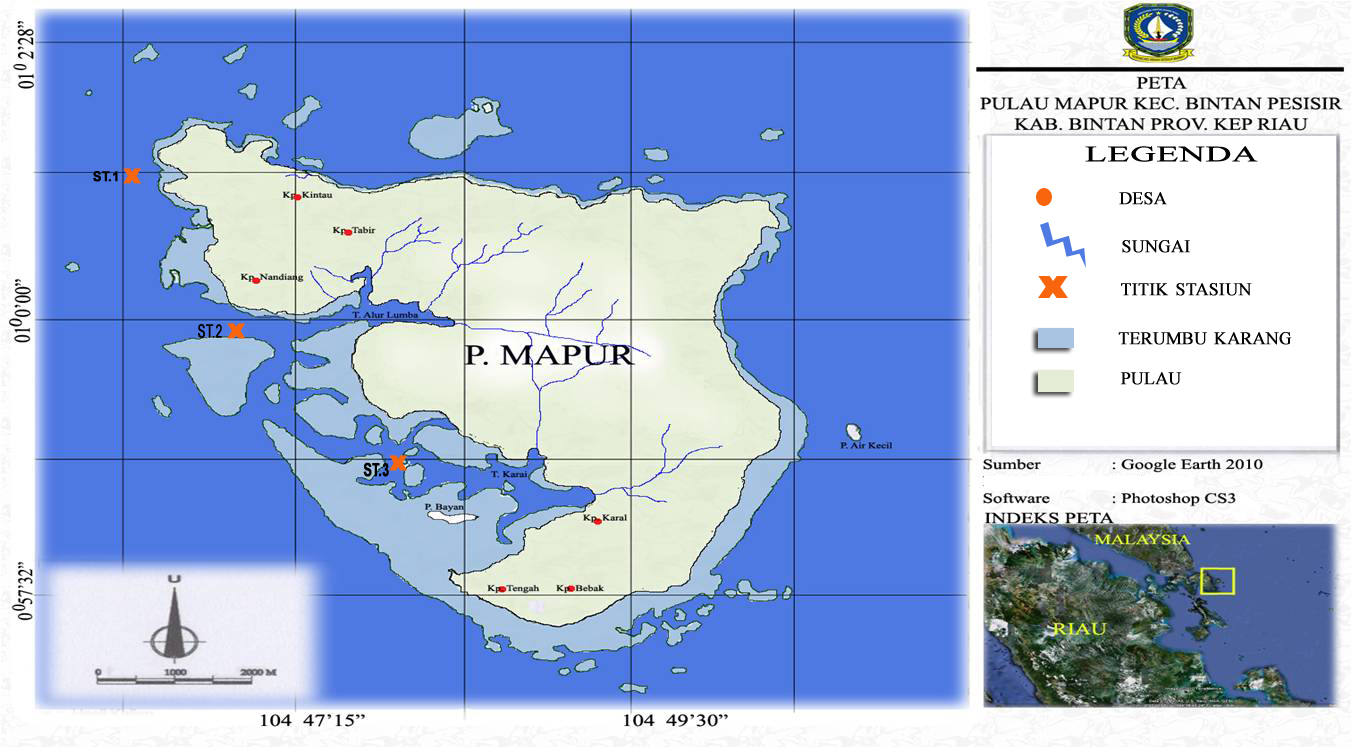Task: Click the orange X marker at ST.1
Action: [132, 176]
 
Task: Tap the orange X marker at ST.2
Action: [236, 330]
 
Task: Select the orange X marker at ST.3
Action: [398, 462]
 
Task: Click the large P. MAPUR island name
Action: [549, 356]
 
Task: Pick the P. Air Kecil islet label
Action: [866, 445]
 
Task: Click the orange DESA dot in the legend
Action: [1045, 198]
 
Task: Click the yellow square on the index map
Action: [1218, 581]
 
